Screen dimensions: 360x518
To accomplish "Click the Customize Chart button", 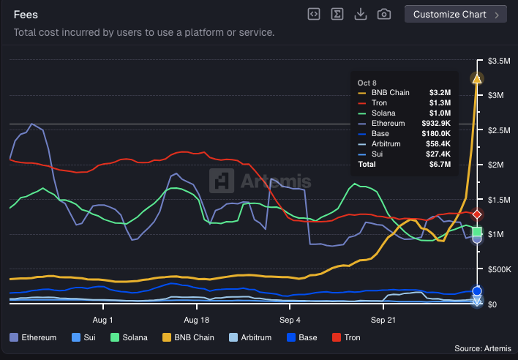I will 454,14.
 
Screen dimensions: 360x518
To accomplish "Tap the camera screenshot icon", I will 383,14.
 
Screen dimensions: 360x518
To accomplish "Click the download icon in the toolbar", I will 360,14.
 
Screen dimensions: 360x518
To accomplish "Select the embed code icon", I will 313,14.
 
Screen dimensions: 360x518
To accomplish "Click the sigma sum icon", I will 337,14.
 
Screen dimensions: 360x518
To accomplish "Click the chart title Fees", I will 26,14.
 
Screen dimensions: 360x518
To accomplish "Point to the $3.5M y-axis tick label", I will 499,60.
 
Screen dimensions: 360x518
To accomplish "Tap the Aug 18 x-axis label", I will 196,320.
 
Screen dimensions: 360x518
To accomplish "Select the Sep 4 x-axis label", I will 290,320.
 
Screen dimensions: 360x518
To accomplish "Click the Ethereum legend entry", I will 33,337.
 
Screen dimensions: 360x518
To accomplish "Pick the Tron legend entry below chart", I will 346,337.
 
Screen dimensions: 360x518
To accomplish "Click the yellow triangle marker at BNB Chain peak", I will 477,78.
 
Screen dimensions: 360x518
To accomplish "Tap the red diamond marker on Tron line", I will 477,214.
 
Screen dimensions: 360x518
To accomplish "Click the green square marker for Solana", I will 477,232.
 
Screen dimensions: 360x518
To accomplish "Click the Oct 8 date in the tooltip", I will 367,83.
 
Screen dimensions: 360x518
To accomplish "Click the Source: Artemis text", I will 480,348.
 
